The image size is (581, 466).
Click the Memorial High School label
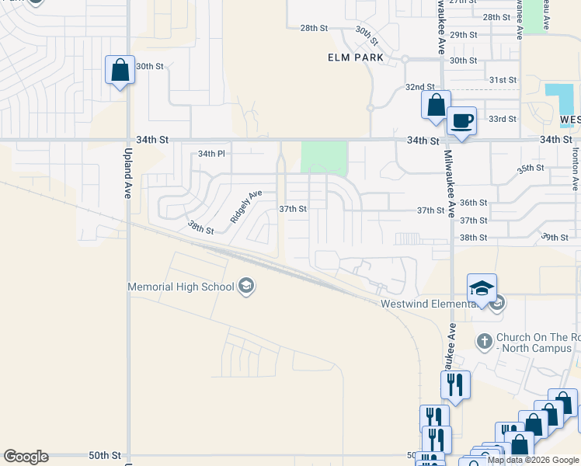click(x=181, y=287)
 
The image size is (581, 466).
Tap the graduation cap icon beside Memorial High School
click(x=246, y=287)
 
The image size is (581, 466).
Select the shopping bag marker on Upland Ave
click(x=120, y=71)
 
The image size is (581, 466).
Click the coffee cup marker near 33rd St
click(x=461, y=121)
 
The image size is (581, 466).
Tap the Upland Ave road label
click(x=128, y=174)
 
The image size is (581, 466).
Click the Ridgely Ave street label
click(x=246, y=207)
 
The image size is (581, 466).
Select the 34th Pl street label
click(x=210, y=154)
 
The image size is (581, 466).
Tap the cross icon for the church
click(x=484, y=341)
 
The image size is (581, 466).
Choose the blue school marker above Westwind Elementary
click(x=482, y=288)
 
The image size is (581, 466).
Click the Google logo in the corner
click(x=26, y=457)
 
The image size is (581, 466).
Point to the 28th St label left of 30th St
click(x=315, y=28)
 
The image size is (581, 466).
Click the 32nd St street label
click(x=419, y=87)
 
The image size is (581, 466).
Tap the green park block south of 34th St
click(x=324, y=157)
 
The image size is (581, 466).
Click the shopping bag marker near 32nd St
click(x=436, y=105)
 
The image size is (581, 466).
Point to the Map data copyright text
click(x=534, y=460)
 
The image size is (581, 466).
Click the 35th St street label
click(x=531, y=168)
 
